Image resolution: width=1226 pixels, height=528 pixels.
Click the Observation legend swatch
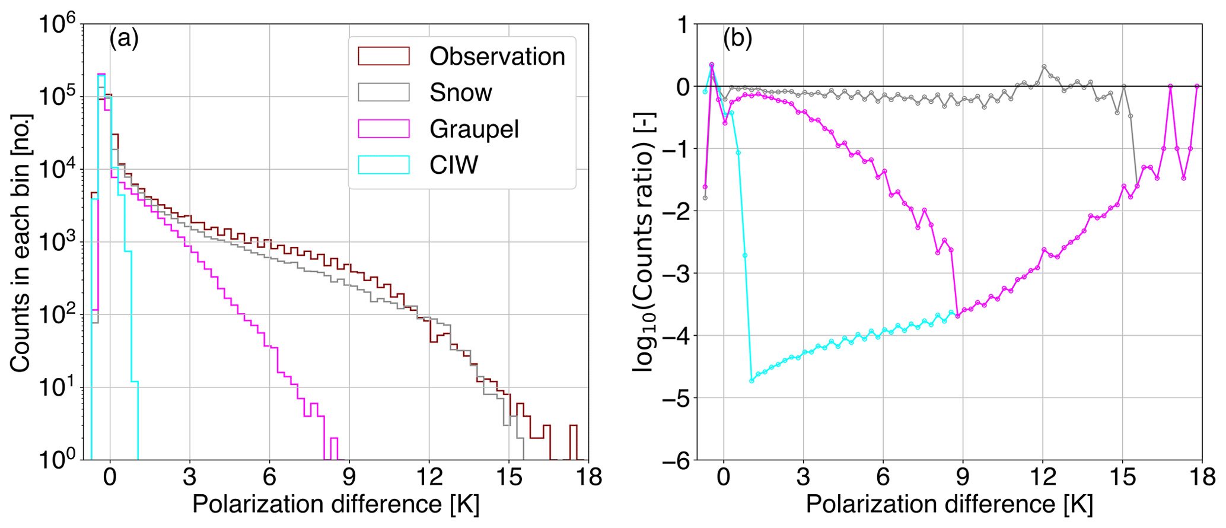(x=384, y=56)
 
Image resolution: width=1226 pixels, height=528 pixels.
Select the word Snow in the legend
(x=461, y=93)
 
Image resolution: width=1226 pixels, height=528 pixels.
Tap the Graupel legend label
(x=474, y=129)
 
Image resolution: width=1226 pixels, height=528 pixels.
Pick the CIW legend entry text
(x=454, y=165)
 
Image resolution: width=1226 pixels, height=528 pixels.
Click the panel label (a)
(x=124, y=39)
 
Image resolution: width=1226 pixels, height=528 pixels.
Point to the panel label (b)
(x=737, y=39)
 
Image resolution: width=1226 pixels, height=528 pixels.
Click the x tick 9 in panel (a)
(x=349, y=476)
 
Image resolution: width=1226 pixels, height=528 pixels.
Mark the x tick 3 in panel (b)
(x=803, y=476)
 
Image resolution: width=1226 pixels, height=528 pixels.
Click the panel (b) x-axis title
(x=949, y=504)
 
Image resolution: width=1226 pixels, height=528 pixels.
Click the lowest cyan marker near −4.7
(x=751, y=381)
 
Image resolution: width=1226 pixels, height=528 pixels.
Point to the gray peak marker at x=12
(x=1044, y=66)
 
